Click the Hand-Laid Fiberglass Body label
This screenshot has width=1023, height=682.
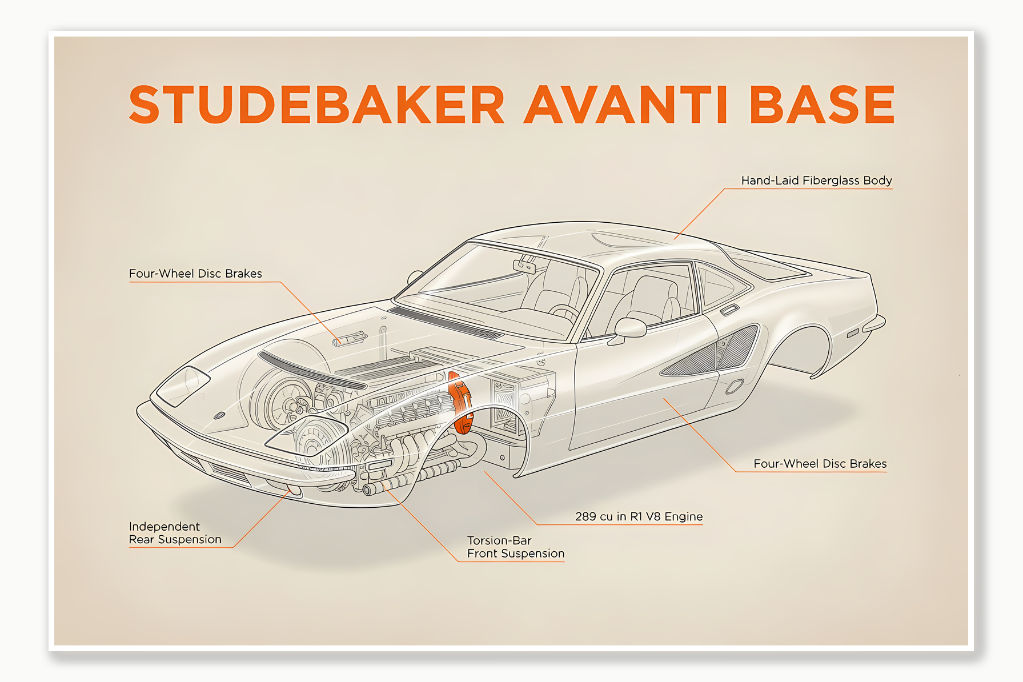click(x=816, y=180)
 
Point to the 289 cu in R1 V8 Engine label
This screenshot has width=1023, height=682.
click(x=639, y=516)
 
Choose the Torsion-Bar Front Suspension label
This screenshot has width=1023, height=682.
click(x=515, y=547)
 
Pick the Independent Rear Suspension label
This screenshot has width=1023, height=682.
click(x=175, y=533)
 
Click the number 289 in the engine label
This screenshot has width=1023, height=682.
click(x=585, y=516)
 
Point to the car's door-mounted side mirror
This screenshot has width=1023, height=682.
click(x=629, y=328)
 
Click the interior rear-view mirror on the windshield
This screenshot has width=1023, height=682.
click(x=524, y=266)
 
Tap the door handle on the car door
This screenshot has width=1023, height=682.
click(x=729, y=310)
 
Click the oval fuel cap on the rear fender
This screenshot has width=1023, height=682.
click(x=734, y=387)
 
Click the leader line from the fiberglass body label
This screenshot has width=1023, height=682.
click(x=700, y=213)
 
